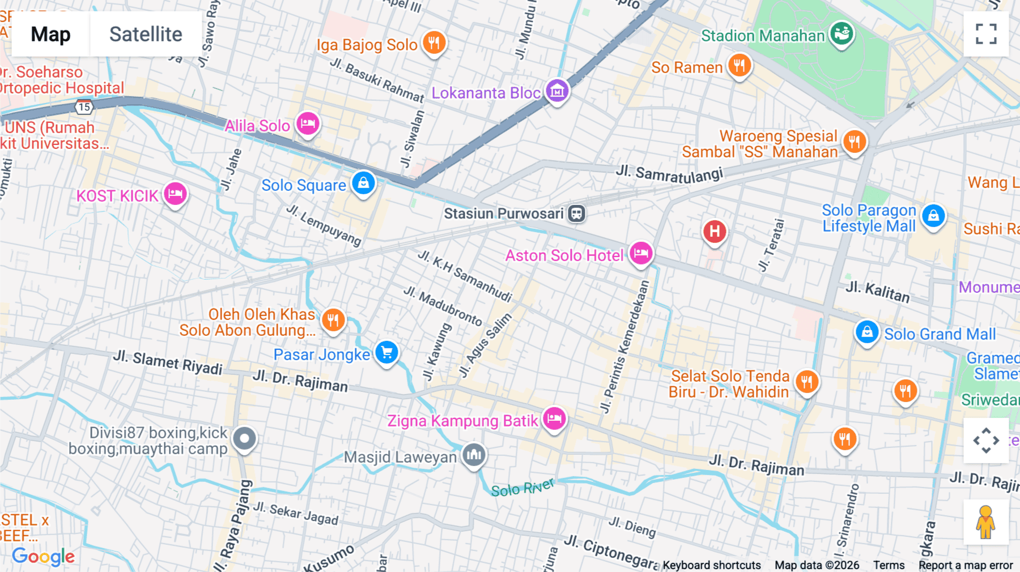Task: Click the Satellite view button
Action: pyautogui.click(x=146, y=34)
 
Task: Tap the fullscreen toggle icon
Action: pyautogui.click(x=986, y=34)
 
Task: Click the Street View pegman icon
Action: pyautogui.click(x=986, y=522)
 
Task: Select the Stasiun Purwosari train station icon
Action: pyautogui.click(x=577, y=214)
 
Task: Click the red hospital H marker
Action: pyautogui.click(x=715, y=231)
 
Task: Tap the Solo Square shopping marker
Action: pyautogui.click(x=363, y=183)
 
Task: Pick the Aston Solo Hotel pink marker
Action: pyautogui.click(x=641, y=253)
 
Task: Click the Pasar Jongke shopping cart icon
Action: pyautogui.click(x=387, y=352)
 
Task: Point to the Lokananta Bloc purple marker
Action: pyautogui.click(x=557, y=90)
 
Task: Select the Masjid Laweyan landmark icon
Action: pyautogui.click(x=474, y=454)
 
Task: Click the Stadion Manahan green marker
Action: pyautogui.click(x=841, y=33)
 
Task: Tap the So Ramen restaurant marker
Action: pyautogui.click(x=739, y=66)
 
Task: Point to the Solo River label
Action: pyautogui.click(x=522, y=488)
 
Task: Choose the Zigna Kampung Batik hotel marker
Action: pyautogui.click(x=554, y=419)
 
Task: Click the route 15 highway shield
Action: pyautogui.click(x=84, y=106)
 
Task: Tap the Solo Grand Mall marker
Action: pyautogui.click(x=867, y=332)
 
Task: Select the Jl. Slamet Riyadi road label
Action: pyautogui.click(x=168, y=362)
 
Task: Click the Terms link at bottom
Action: pyautogui.click(x=889, y=565)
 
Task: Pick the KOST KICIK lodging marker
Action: pyautogui.click(x=175, y=194)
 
